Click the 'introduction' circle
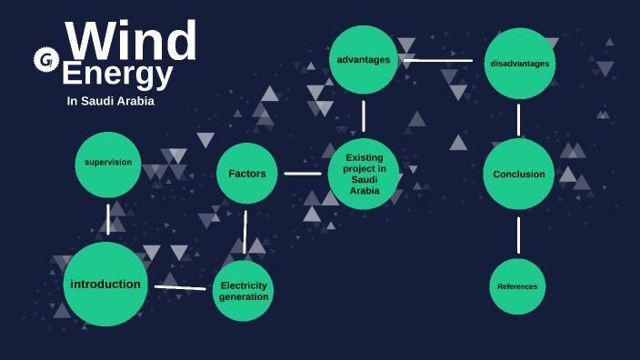pyautogui.click(x=105, y=284)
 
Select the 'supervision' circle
pyautogui.click(x=108, y=164)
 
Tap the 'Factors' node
pyautogui.click(x=247, y=174)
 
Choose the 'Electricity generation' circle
pyautogui.click(x=244, y=291)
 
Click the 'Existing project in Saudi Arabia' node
pyautogui.click(x=364, y=174)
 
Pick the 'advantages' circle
pyautogui.click(x=364, y=60)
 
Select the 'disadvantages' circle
pyautogui.click(x=519, y=63)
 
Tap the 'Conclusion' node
pyautogui.click(x=518, y=174)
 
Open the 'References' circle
pyautogui.click(x=517, y=286)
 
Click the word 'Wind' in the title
pyautogui.click(x=132, y=41)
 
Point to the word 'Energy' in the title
pyautogui.click(x=117, y=74)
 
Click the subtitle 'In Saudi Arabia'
pyautogui.click(x=111, y=101)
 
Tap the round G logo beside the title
pyautogui.click(x=45, y=60)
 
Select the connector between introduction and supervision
pyautogui.click(x=108, y=219)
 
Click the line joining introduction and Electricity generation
pyautogui.click(x=180, y=287)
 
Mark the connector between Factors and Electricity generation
pyautogui.click(x=245, y=232)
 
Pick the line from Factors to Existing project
pyautogui.click(x=303, y=173)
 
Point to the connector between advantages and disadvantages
pyautogui.click(x=438, y=61)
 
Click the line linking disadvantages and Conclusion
pyautogui.click(x=519, y=119)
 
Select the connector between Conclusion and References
pyautogui.click(x=519, y=235)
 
